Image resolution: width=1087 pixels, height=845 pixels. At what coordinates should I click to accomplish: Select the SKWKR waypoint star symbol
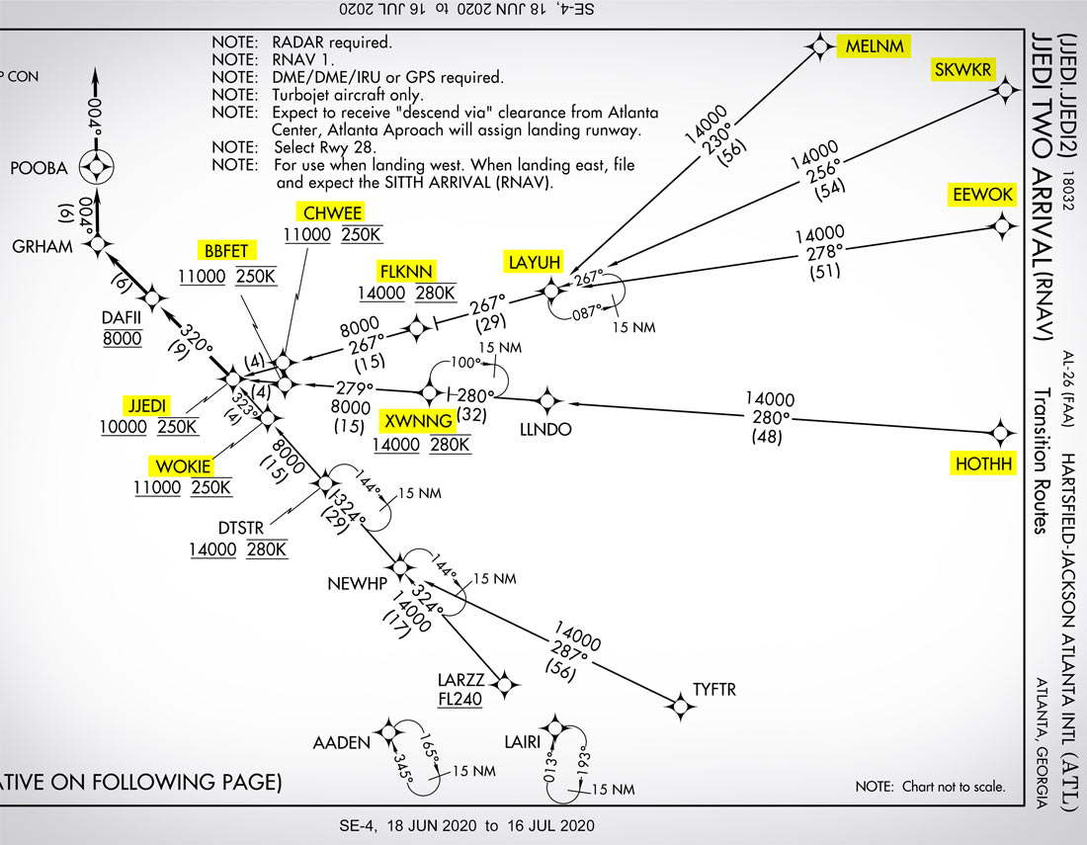click(x=1006, y=91)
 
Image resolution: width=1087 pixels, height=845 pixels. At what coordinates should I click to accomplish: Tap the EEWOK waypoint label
click(x=982, y=195)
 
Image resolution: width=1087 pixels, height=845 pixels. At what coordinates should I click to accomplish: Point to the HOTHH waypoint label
click(x=984, y=464)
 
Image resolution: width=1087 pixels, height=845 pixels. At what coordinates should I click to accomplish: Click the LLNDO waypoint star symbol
click(x=547, y=401)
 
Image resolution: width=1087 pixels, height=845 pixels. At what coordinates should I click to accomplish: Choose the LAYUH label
click(x=535, y=262)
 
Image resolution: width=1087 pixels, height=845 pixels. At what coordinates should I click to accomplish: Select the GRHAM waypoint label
click(x=42, y=246)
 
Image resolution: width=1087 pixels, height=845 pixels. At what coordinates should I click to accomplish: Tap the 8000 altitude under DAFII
click(x=122, y=339)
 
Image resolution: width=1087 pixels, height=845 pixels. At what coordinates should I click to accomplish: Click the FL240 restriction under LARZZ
click(x=460, y=700)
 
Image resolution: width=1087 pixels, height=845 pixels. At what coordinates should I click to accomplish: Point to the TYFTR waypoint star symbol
click(x=679, y=705)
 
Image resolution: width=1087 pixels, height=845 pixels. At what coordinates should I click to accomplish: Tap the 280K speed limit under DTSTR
click(x=267, y=549)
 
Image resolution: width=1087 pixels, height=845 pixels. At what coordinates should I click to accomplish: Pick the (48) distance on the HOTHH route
click(x=767, y=436)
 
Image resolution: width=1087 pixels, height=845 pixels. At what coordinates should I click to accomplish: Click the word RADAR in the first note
click(x=297, y=42)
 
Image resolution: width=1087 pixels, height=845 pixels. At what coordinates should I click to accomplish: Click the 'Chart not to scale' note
click(x=929, y=788)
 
